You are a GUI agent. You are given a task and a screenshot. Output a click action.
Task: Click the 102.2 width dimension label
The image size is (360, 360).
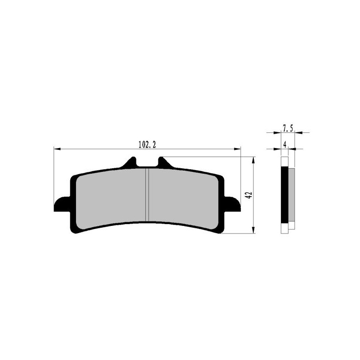(x=147, y=144)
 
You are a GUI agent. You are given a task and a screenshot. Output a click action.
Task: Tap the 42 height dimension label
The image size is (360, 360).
(x=248, y=195)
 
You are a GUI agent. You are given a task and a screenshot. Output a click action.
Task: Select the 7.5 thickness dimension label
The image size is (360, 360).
(x=288, y=128)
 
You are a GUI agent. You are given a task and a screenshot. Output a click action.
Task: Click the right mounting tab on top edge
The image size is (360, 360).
(x=162, y=162)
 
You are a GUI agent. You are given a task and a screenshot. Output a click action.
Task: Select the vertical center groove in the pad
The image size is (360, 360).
(x=147, y=194)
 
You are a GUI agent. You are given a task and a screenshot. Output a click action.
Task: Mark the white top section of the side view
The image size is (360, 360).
(x=284, y=162)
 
